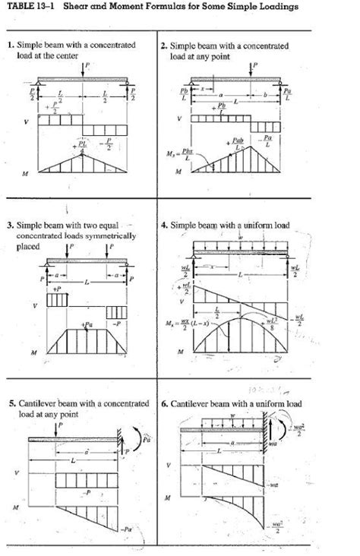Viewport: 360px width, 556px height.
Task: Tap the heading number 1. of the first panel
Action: click(11, 46)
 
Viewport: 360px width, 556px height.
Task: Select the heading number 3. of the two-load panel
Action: click(11, 226)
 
